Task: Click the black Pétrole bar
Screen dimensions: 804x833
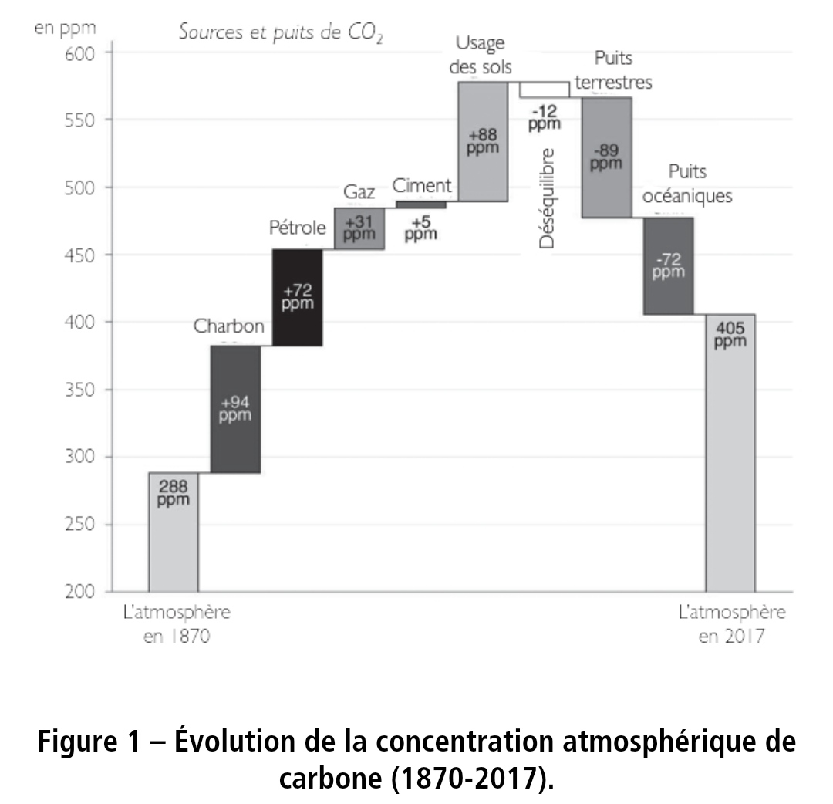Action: [297, 297]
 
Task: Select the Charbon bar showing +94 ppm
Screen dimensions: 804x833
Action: [235, 408]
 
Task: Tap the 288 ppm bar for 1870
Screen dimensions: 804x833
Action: [173, 532]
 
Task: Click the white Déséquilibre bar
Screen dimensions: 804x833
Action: [544, 90]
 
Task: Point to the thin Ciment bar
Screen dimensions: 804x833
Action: [420, 204]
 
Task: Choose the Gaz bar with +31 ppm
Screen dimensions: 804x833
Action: [359, 228]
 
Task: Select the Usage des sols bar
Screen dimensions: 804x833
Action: [483, 141]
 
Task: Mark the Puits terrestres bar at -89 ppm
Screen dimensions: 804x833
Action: [606, 157]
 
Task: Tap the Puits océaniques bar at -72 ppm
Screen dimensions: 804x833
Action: [668, 266]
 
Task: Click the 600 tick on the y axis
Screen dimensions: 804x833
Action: [79, 53]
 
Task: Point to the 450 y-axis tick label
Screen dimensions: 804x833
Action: [79, 255]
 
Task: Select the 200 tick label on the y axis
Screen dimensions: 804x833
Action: [79, 592]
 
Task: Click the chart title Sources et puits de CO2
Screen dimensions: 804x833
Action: [281, 32]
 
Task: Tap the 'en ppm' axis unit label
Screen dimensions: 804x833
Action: [66, 29]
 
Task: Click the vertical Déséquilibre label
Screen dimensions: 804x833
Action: [547, 198]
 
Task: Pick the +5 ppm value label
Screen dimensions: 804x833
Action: [420, 228]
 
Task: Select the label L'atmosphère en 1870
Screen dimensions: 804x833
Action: [177, 625]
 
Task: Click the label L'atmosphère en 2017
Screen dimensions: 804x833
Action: [731, 625]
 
